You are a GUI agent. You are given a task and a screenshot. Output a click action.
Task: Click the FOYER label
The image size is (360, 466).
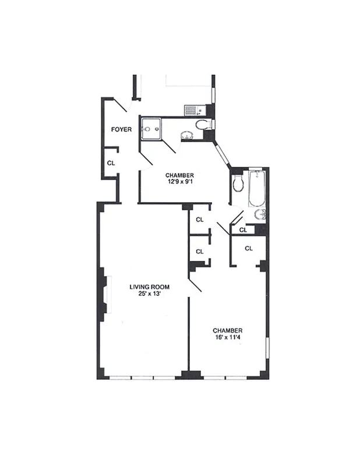click(x=122, y=129)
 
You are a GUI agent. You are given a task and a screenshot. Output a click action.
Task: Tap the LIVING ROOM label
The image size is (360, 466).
click(x=149, y=287)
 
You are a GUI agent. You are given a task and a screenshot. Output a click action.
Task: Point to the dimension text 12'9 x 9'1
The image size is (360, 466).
click(x=179, y=182)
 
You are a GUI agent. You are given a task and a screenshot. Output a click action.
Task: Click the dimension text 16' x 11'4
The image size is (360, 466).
click(x=227, y=337)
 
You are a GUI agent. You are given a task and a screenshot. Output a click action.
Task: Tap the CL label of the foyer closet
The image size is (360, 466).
click(x=111, y=163)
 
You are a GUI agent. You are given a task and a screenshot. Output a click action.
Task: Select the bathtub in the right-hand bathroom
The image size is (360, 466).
click(x=257, y=188)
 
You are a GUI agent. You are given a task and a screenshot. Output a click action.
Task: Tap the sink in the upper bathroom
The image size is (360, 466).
click(x=188, y=136)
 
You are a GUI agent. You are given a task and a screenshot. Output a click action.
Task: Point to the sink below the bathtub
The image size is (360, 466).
click(x=260, y=215)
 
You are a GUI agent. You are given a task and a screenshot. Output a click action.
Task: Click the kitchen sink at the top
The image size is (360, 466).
click(x=192, y=109)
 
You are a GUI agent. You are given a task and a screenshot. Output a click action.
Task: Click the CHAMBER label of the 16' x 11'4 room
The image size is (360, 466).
click(x=227, y=330)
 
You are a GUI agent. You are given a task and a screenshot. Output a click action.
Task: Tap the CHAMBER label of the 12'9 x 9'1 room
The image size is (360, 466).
click(x=179, y=175)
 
